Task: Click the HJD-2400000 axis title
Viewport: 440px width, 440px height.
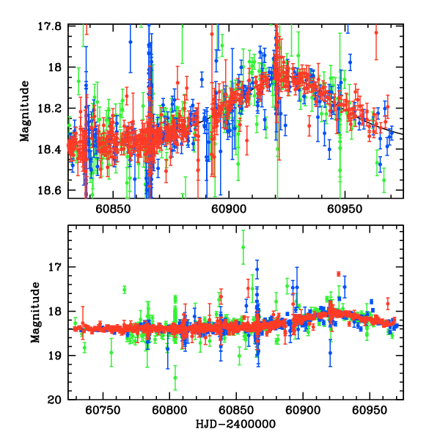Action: [235, 424]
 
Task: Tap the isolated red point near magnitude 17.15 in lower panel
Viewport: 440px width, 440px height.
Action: [338, 274]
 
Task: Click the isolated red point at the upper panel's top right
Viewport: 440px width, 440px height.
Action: [376, 32]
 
